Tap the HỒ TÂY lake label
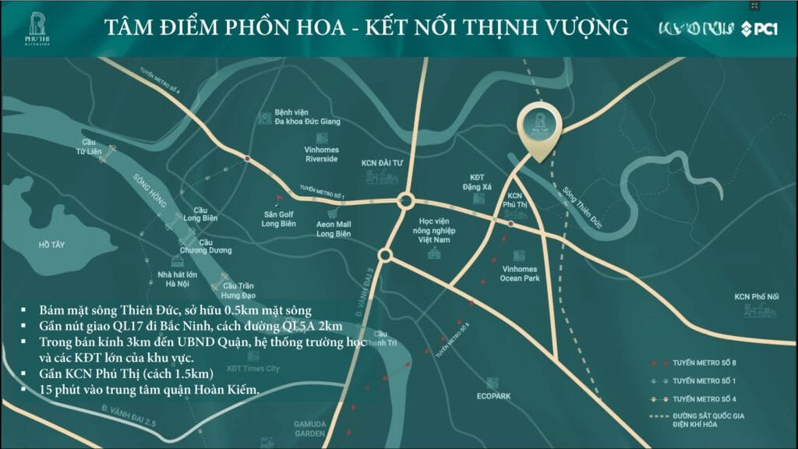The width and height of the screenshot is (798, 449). pyautogui.click(x=51, y=245)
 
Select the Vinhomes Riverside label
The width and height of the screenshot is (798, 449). pyautogui.click(x=321, y=154)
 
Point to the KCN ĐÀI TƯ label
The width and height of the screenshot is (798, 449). pyautogui.click(x=380, y=164)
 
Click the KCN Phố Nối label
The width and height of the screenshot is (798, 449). pyautogui.click(x=751, y=296)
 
